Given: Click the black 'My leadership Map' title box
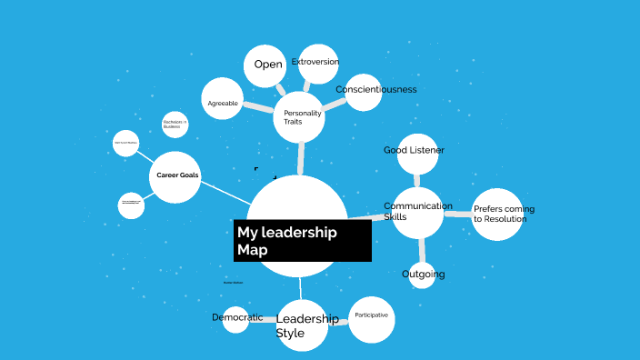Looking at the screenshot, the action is point(302,240).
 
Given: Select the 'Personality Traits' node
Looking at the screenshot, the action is point(299,116).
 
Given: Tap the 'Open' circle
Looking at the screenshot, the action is point(266,65).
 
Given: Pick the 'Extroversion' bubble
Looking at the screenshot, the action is point(318,64).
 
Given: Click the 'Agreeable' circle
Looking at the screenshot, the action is point(223,103).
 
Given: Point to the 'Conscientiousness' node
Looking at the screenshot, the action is point(364,92).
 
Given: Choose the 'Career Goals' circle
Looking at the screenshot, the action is point(175,176).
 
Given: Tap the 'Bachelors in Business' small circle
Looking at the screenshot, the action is point(175,125).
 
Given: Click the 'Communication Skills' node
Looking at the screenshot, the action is point(417,213).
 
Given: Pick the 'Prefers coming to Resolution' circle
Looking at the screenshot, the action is point(497,215).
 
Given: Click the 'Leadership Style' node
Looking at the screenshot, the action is point(302,325).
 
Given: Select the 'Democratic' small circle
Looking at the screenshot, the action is point(235,319).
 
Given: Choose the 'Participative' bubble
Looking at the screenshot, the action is point(371,319).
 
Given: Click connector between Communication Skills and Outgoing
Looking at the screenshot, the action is point(421,250).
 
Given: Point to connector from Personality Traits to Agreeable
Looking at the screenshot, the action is point(259,108).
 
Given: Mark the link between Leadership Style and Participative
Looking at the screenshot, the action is point(338,321).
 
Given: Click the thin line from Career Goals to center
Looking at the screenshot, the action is point(225,193).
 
